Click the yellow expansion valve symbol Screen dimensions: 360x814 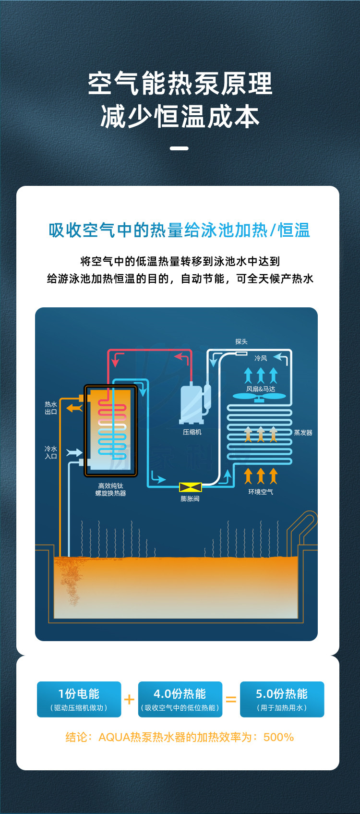[x=190, y=487]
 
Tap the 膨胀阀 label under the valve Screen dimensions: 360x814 [x=190, y=499]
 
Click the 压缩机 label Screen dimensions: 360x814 [x=192, y=432]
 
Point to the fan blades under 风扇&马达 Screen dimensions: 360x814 [x=259, y=397]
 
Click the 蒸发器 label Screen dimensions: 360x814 [x=303, y=433]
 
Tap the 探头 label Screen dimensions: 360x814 [x=241, y=342]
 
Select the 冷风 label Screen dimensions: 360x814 [x=261, y=358]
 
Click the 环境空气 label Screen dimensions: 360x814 [x=261, y=492]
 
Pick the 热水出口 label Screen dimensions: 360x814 [x=51, y=408]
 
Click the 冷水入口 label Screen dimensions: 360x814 [x=51, y=452]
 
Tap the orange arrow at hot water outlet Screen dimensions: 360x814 [x=74, y=408]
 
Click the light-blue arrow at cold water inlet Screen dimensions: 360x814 [x=74, y=452]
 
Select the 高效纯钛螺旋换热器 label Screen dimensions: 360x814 [x=111, y=490]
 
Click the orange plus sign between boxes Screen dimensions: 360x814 [x=129, y=699]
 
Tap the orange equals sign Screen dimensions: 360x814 [x=231, y=700]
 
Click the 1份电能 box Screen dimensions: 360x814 [x=79, y=699]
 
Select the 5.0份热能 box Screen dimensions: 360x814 [x=282, y=699]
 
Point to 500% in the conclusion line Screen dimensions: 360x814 [x=278, y=737]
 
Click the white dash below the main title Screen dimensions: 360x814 [x=179, y=148]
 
